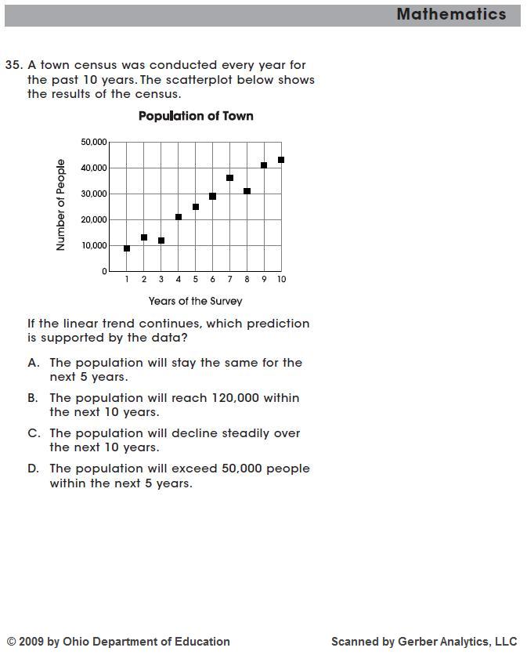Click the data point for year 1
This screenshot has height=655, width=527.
pos(127,248)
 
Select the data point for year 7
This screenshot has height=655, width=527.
pos(229,178)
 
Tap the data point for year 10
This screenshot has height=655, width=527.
pos(281,160)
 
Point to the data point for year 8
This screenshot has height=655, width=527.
pos(247,191)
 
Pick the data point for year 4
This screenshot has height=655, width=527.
pos(179,217)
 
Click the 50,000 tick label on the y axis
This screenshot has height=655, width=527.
pos(93,142)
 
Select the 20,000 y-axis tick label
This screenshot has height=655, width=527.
pos(93,219)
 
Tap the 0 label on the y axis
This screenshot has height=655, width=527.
pos(104,271)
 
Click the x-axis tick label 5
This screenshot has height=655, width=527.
pos(196,280)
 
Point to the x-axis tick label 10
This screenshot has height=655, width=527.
pos(281,280)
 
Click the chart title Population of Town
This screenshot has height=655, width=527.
pos(196,116)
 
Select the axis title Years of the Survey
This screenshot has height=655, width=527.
pos(196,301)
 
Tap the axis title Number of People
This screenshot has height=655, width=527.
pos(61,205)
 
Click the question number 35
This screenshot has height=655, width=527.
pos(13,65)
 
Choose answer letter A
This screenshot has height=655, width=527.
pos(33,363)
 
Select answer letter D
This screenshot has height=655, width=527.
pos(33,469)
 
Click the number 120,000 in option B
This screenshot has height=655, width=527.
pos(233,398)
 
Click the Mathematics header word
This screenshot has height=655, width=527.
pos(451,14)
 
